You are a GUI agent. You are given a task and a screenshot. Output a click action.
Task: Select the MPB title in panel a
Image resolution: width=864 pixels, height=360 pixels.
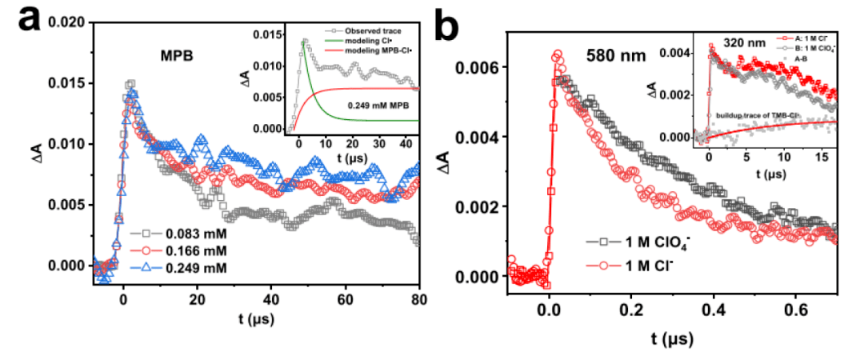175,58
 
